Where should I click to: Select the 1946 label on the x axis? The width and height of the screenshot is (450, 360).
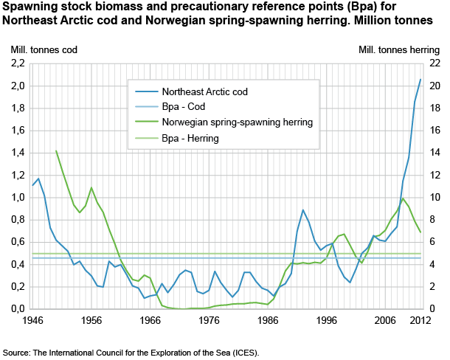[32, 321]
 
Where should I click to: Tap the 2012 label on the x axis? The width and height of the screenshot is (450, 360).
[420, 321]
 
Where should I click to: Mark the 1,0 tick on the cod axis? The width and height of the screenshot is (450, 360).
[18, 198]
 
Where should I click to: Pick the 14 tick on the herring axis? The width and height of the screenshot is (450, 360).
[435, 153]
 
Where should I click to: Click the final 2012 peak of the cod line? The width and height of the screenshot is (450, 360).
[420, 80]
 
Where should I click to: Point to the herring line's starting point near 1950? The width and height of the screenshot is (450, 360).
[56, 150]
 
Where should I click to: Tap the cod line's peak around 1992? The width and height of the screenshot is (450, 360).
[303, 210]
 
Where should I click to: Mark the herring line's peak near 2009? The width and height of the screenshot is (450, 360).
[403, 198]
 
